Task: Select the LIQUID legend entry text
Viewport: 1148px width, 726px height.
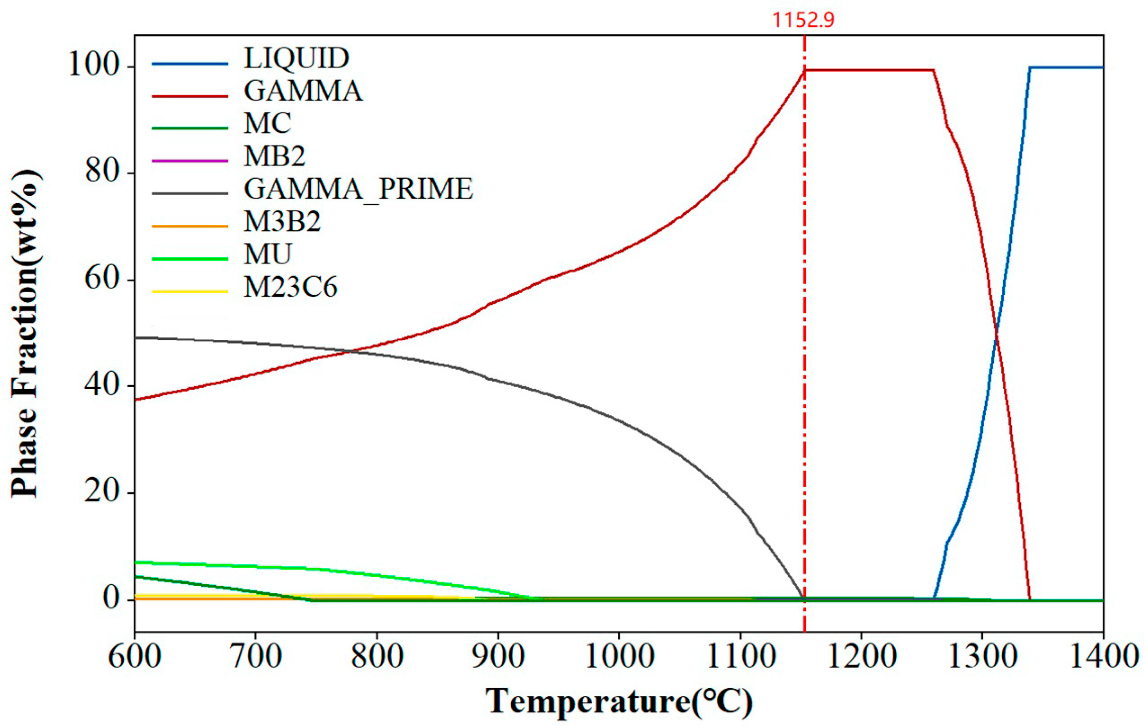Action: pos(296,58)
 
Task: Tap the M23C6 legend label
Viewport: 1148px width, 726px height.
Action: pos(290,287)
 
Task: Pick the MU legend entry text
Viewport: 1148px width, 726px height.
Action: pos(268,254)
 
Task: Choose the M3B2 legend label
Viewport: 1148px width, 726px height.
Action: pos(282,222)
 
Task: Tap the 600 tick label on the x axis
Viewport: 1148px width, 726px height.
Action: pos(134,657)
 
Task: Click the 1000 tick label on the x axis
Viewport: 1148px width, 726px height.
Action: pos(619,657)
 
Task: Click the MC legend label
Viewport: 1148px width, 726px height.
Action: pos(268,123)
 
